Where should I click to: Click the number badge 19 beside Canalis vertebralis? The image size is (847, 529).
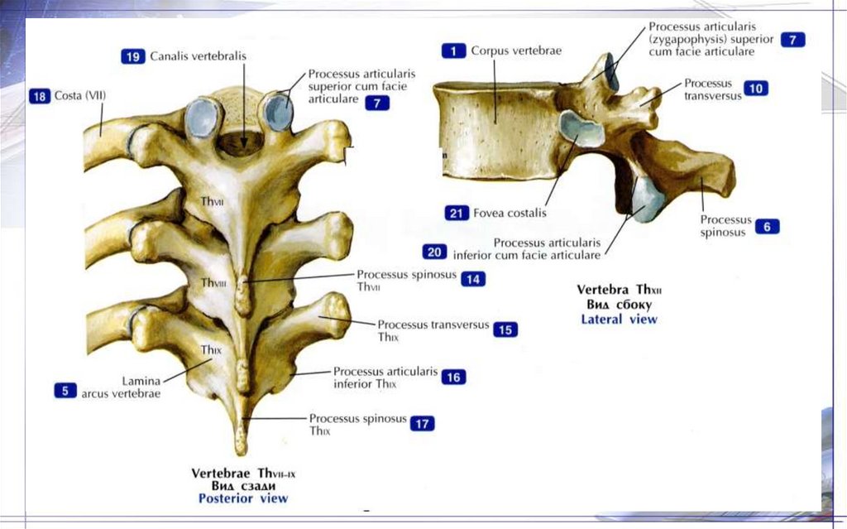133,56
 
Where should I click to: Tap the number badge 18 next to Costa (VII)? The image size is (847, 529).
40,96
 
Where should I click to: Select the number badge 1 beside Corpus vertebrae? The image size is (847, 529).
453,50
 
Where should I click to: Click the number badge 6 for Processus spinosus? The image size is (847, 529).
767,227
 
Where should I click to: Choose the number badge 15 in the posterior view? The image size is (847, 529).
505,329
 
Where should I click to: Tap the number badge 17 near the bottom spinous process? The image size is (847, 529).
422,424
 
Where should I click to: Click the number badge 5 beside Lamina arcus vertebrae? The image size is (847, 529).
66,389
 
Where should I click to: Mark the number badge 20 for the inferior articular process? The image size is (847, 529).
434,252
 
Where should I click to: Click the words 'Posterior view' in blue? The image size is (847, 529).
243,498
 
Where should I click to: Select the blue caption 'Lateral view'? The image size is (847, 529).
619,319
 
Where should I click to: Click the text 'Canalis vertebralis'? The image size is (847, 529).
198,56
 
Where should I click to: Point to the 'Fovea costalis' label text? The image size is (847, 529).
510,213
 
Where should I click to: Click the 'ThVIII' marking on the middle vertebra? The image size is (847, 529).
213,282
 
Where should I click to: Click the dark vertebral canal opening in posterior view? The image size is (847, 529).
241,142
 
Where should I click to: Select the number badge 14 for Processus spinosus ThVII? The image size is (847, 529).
473,279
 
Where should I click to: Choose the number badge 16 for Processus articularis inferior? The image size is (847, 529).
453,378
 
